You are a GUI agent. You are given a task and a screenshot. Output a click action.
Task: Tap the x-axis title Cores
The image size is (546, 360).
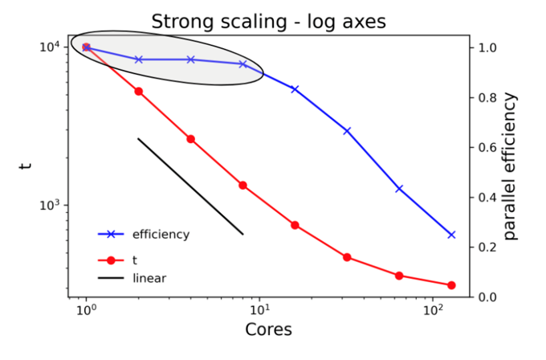[268, 330]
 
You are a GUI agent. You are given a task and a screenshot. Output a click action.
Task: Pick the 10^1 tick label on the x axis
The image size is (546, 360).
[259, 309]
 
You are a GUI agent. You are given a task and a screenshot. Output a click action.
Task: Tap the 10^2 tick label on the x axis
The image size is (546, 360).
[434, 309]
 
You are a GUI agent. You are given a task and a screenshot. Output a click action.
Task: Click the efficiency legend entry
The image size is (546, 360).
[161, 235]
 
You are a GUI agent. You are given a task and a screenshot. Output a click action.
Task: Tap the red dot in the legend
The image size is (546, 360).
[112, 260]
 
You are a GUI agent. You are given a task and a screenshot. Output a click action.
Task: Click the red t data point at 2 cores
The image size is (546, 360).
[139, 92]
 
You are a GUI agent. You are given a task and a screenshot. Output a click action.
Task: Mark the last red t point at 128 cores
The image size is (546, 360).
[451, 285]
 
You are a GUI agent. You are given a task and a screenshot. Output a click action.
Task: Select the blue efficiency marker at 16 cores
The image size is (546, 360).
[295, 89]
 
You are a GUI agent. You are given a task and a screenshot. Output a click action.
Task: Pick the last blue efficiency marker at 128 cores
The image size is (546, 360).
[451, 235]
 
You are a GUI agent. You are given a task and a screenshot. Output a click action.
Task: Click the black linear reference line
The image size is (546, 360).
[190, 186]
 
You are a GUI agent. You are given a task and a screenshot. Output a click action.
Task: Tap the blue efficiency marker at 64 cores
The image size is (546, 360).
[399, 189]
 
